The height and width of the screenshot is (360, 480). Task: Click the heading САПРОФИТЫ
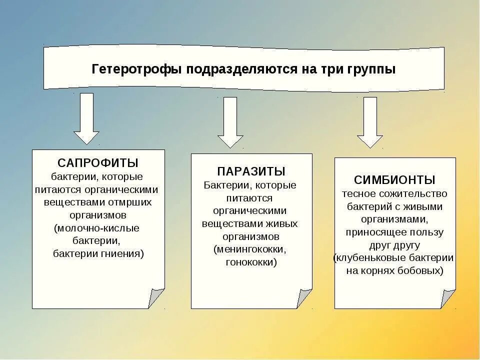(98, 163)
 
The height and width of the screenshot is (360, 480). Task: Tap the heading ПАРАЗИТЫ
(251, 171)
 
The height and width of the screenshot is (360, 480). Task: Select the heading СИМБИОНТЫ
(394, 180)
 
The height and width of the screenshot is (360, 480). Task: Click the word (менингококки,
(250, 249)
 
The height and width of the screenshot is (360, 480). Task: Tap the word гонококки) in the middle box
(251, 262)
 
